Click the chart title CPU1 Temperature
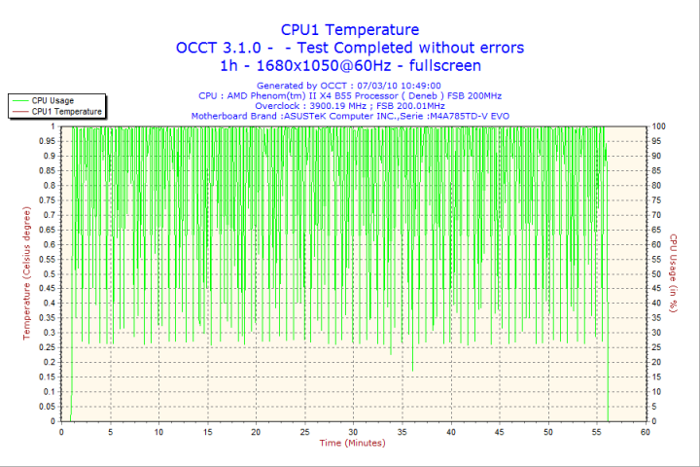[350, 29]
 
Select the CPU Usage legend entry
[52, 100]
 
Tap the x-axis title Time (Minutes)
[352, 443]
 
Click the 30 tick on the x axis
[353, 431]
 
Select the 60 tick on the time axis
[645, 431]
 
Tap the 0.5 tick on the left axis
[48, 273]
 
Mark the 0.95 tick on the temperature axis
[46, 141]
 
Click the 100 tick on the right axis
[659, 126]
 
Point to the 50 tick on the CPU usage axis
[657, 273]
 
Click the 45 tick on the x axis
[499, 431]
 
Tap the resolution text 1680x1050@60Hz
[330, 65]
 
